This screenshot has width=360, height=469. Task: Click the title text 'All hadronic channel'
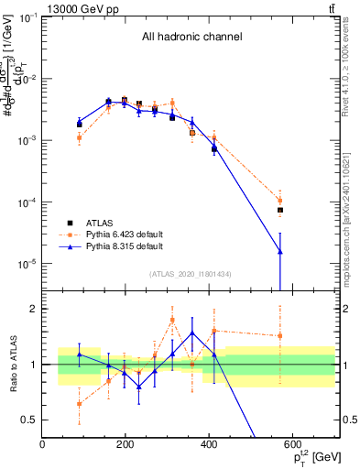tap(191, 38)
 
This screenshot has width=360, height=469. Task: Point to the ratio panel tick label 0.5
tap(27, 420)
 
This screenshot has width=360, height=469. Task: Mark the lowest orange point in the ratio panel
tap(80, 403)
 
